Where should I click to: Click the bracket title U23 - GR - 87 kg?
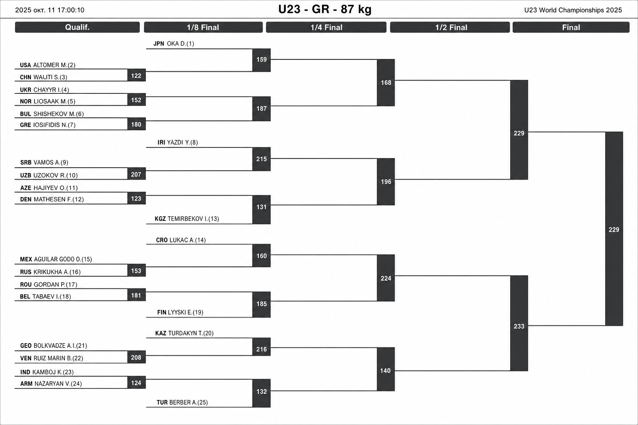325,10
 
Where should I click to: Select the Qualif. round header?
77,27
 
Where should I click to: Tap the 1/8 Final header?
203,27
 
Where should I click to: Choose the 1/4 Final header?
326,27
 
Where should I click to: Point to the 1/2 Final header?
450,27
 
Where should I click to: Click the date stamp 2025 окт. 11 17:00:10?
49,10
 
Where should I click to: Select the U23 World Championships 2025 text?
573,10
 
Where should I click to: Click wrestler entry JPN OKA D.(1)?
174,44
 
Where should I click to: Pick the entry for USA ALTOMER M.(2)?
48,65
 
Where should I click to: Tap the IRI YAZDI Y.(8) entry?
178,142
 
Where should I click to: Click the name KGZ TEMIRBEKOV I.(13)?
187,219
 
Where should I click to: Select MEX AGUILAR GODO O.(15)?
56,259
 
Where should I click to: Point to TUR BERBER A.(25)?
182,403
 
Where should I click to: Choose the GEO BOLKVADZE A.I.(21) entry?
54,346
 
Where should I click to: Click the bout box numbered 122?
136,76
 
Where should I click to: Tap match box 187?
261,109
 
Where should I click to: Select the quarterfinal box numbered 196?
386,182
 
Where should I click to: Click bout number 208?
136,357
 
